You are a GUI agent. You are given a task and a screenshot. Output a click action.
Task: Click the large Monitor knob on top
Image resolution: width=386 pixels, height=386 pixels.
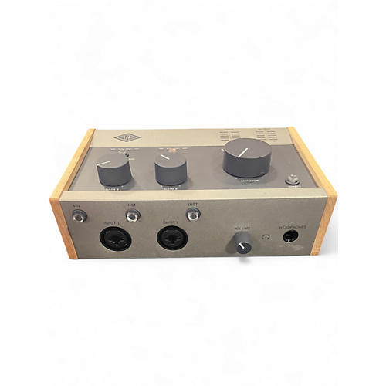(248, 157)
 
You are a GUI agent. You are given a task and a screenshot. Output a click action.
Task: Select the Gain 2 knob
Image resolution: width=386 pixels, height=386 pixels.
(171, 168)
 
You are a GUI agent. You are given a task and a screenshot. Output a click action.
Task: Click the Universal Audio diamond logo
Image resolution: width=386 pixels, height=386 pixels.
(127, 138)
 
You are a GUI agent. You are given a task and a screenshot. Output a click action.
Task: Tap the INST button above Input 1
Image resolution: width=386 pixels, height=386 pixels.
(132, 216)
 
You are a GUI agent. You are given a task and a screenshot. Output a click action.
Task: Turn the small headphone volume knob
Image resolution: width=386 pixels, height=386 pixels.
(242, 245)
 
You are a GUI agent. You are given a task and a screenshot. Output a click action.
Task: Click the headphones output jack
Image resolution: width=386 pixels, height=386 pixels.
(291, 236)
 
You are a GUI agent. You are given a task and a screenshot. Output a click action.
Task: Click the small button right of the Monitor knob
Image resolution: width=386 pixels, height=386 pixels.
(293, 181)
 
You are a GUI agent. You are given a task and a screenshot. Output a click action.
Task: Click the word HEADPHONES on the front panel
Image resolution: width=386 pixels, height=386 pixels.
(293, 225)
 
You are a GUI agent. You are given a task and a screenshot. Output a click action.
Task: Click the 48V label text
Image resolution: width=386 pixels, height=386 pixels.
(76, 205)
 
